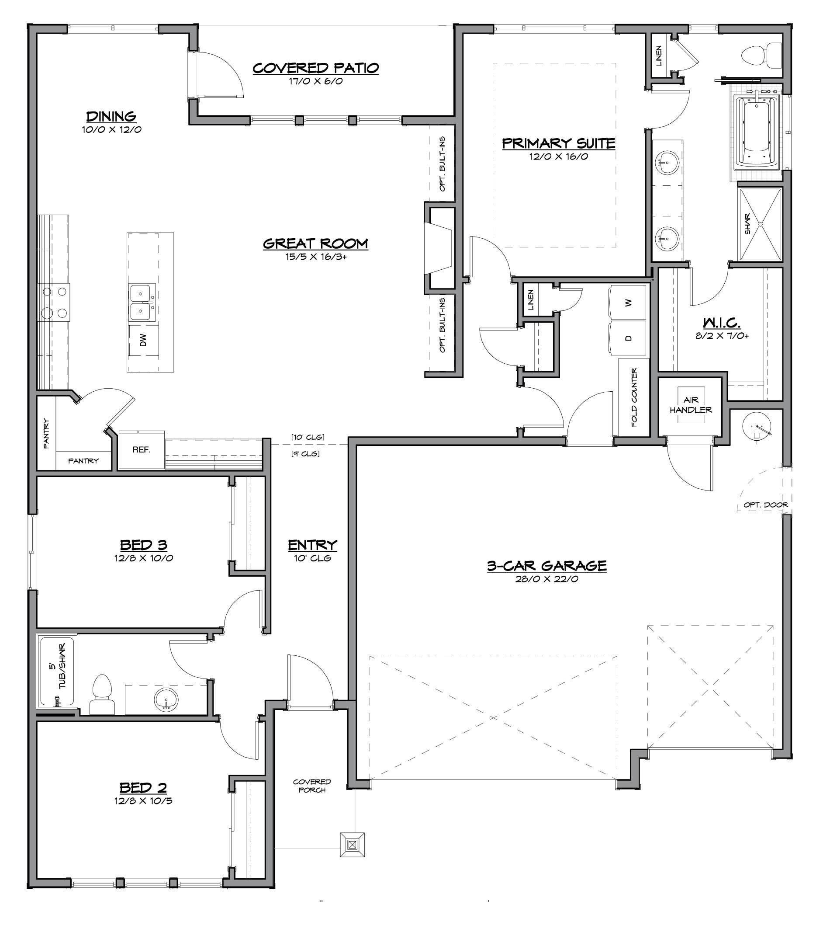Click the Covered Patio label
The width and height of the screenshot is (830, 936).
[316, 68]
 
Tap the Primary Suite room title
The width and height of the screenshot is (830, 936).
[559, 143]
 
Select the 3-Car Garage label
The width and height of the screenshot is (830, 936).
[547, 566]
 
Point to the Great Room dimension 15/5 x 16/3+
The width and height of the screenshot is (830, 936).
[316, 257]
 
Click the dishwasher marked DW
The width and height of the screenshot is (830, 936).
[144, 340]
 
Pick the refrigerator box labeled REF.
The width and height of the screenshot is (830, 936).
[142, 450]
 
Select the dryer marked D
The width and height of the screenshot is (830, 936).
[628, 338]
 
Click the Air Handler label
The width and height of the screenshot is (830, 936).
[691, 405]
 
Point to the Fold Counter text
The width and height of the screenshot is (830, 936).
[634, 397]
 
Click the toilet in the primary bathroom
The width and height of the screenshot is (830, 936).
[761, 56]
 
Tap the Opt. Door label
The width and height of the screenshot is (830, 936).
[765, 505]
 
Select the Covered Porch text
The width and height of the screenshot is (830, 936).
[312, 786]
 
